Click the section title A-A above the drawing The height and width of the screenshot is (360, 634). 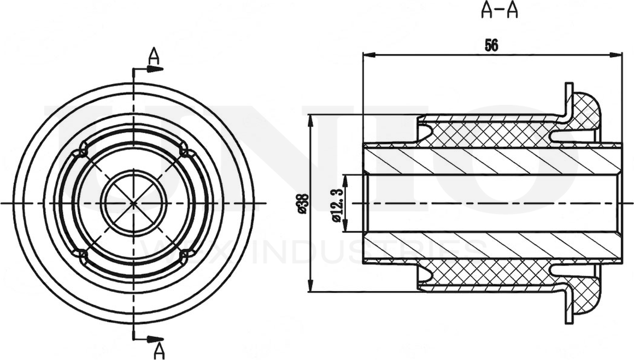pos(499,11)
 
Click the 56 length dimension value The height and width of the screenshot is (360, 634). pos(491,46)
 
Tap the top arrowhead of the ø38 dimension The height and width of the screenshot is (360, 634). pos(310,120)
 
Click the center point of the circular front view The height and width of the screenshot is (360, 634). pos(133,203)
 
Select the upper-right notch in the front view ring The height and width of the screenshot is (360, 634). pos(184,148)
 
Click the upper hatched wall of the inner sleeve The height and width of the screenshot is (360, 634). pos(492,161)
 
